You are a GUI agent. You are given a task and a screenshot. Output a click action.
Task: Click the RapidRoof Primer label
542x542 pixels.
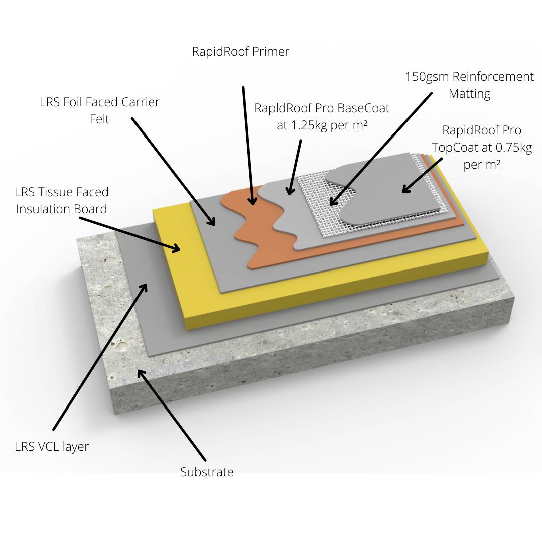240,51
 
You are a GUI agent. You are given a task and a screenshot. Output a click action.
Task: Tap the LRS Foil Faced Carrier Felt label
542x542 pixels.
99,110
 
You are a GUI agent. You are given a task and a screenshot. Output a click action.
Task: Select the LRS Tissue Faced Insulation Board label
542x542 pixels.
62,200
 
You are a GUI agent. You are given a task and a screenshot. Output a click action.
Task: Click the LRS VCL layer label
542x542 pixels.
52,446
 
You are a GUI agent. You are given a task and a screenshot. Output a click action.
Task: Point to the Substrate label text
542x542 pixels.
207,472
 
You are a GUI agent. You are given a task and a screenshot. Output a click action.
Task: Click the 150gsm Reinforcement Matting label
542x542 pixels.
469,85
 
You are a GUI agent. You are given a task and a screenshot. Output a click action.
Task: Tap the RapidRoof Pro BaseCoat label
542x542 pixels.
322,116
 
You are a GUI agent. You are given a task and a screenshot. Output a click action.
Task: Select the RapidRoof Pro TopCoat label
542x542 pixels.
481,147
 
